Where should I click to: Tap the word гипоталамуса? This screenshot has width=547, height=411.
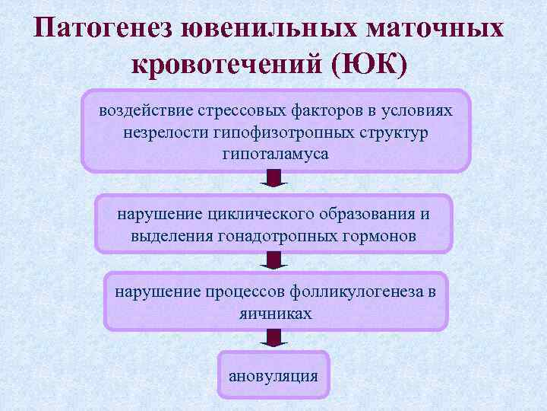(x=275, y=154)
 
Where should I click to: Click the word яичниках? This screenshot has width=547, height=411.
(x=275, y=313)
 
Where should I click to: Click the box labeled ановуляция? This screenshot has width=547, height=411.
(x=273, y=375)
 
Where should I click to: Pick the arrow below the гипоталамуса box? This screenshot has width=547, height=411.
(x=273, y=180)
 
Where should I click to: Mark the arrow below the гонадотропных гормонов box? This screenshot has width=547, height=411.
(x=273, y=261)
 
